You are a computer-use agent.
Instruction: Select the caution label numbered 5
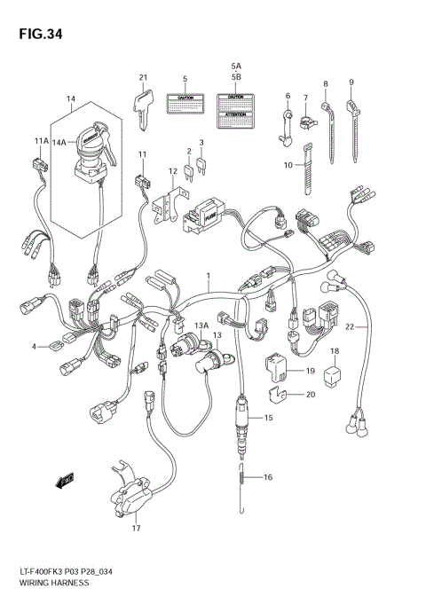pos(185,103)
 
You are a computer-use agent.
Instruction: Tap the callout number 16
pos(267,477)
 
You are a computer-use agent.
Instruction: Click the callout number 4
pos(34,347)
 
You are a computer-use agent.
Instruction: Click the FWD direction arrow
pos(63,482)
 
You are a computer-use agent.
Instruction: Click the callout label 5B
pos(236,76)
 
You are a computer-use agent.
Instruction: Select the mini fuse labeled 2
pos(188,169)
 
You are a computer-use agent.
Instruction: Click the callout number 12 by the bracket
pos(173,170)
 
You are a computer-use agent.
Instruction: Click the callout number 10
pos(288,164)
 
